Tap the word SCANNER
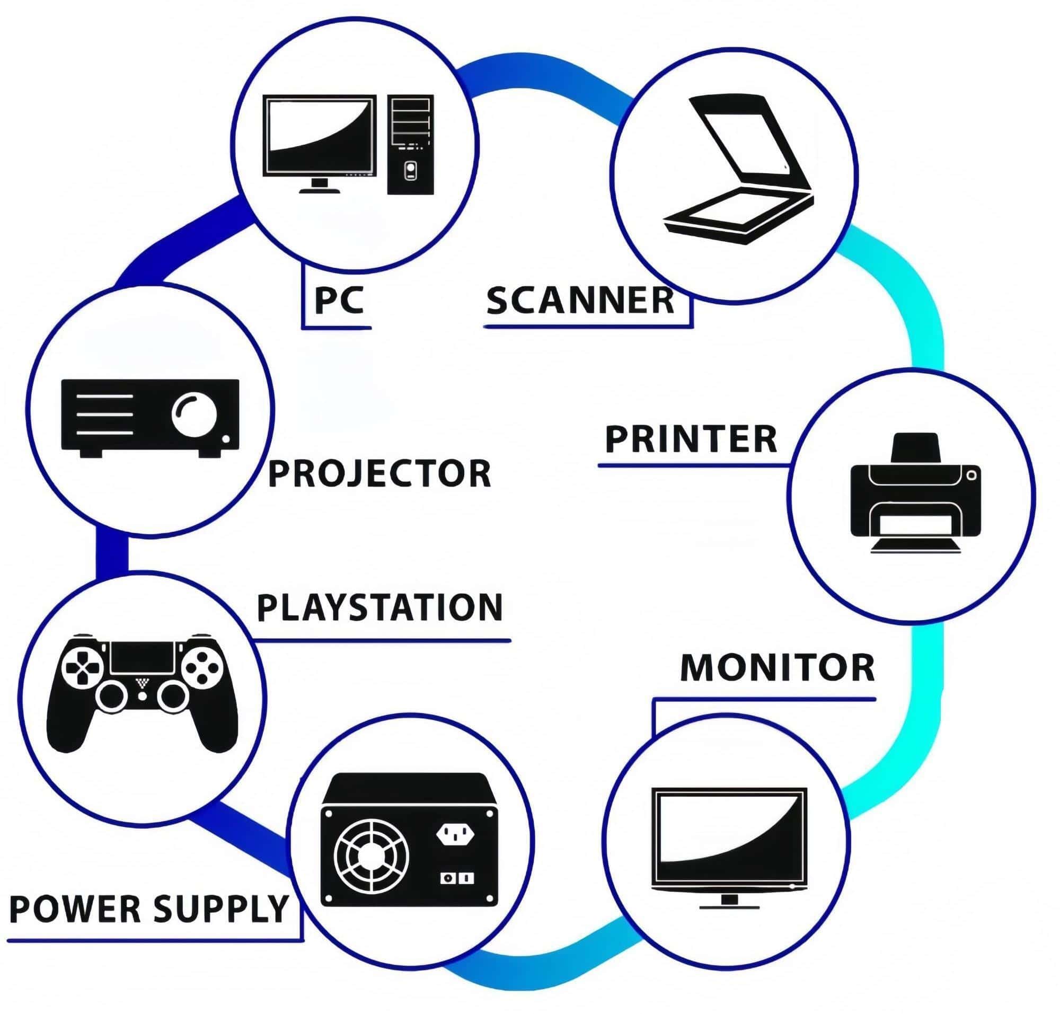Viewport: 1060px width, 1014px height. tap(580, 301)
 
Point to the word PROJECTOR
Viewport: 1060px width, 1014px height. tap(379, 473)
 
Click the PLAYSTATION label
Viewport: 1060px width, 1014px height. tap(379, 607)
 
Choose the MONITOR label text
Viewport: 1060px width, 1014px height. tap(777, 667)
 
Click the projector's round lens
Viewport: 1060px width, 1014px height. tap(193, 415)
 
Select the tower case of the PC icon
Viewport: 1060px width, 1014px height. tap(410, 144)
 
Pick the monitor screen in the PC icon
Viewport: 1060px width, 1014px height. tap(319, 135)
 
